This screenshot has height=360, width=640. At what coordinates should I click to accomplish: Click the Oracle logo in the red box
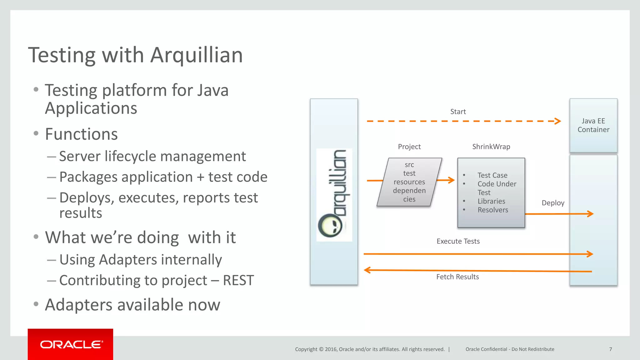tap(71, 344)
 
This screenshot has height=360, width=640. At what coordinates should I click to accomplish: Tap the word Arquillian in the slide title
tap(197, 55)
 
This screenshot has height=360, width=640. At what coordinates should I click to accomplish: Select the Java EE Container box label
tap(593, 125)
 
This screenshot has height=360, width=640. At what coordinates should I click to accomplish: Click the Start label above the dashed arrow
tap(458, 112)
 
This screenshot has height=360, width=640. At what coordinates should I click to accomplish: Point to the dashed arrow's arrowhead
tap(558, 121)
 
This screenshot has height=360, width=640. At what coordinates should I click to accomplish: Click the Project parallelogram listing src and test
tap(409, 182)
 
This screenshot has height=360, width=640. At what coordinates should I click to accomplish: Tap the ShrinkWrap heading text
tap(491, 147)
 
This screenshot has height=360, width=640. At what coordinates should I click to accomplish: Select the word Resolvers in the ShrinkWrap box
tap(493, 210)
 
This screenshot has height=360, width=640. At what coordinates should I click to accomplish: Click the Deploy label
tap(553, 203)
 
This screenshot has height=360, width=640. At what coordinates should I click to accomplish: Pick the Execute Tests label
tap(458, 241)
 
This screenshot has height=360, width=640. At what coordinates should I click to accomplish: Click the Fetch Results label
tap(457, 277)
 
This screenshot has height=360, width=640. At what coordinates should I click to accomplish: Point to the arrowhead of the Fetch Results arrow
tap(367, 270)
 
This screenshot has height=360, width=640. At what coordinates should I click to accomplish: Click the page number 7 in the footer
tap(610, 349)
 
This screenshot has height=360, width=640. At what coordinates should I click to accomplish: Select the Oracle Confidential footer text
tap(510, 349)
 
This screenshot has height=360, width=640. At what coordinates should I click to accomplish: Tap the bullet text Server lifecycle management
tap(152, 156)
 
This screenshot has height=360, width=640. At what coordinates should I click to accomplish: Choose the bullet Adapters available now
tap(132, 305)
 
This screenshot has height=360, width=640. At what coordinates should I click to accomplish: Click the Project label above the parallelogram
tap(409, 147)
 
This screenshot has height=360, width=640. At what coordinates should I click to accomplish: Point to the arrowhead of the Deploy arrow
tap(590, 214)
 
